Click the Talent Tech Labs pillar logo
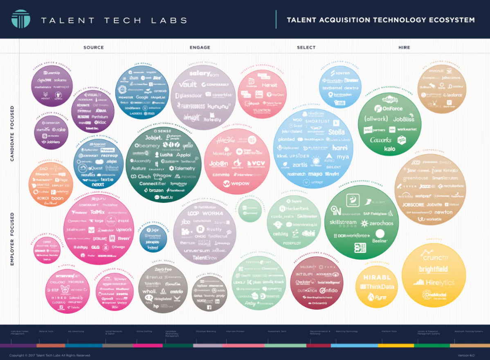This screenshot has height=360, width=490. coord(20,19)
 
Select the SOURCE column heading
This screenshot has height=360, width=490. coord(94,47)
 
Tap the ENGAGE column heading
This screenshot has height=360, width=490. coord(200,47)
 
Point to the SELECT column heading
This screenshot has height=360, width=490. coord(306,47)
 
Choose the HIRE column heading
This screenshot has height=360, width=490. coord(404,47)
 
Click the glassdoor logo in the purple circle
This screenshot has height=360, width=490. coord(189,95)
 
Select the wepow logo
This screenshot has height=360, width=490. coord(236,184)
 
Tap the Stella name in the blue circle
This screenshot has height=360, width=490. coord(336,132)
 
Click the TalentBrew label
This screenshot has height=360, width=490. coord(205,258)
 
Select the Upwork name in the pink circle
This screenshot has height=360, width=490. coord(124,230)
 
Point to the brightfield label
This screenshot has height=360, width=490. coord(433,270)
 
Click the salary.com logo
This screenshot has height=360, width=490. coord(204,74)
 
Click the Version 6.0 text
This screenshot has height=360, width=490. coord(465,355)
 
